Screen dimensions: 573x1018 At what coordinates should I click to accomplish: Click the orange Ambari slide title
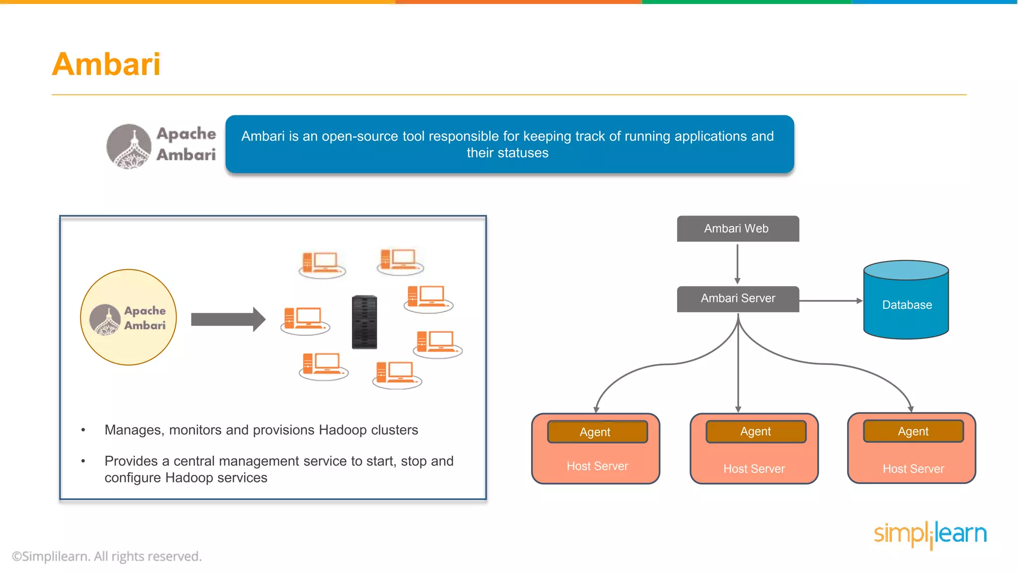pyautogui.click(x=106, y=64)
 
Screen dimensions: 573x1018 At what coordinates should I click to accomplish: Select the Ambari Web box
pyautogui.click(x=738, y=229)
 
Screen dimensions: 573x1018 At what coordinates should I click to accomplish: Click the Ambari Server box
pyautogui.click(x=738, y=298)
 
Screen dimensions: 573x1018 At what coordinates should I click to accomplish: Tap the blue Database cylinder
pyautogui.click(x=906, y=304)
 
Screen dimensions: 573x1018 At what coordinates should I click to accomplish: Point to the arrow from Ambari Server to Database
pyautogui.click(x=830, y=300)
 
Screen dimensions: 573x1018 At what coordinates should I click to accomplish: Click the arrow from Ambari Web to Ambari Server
pyautogui.click(x=737, y=264)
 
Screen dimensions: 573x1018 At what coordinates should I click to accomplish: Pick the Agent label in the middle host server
pyautogui.click(x=756, y=431)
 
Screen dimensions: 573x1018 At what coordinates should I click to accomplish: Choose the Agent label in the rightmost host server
pyautogui.click(x=913, y=431)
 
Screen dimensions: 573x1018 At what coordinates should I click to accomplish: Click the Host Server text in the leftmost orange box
pyautogui.click(x=597, y=466)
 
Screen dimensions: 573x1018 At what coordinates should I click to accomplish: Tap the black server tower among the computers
pyautogui.click(x=364, y=322)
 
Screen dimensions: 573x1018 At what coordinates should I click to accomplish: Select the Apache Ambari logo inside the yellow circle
pyautogui.click(x=128, y=318)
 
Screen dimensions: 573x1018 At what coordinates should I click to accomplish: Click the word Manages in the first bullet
pyautogui.click(x=133, y=430)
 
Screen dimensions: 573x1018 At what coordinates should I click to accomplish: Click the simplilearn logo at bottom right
pyautogui.click(x=930, y=534)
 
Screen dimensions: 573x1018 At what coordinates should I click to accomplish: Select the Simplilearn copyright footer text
pyautogui.click(x=107, y=556)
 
